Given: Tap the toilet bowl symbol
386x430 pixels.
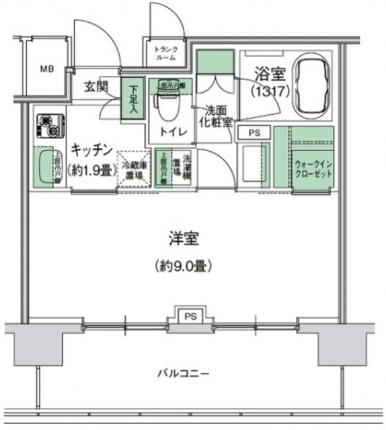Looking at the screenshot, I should tap(163, 104).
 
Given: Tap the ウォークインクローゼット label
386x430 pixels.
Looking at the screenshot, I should tap(313, 166).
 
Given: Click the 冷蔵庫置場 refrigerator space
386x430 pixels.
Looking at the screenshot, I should tap(135, 167).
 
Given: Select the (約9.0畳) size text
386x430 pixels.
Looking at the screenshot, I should tap(184, 265).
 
